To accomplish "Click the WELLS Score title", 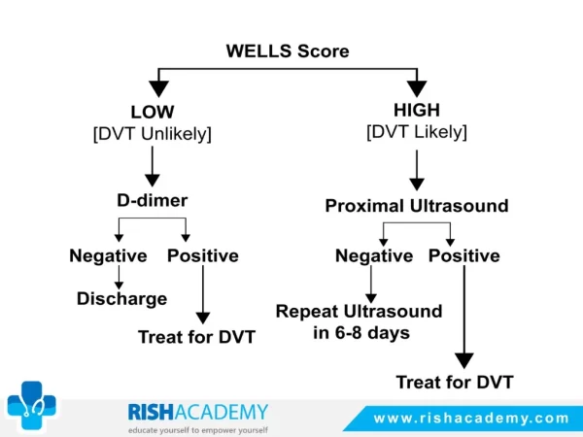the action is point(288,50).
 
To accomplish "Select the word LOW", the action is point(153,112).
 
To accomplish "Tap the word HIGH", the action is point(417,110).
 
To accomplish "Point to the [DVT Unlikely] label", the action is point(153,134).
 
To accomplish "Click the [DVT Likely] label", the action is point(417,132).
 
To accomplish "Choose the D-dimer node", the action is point(153,200).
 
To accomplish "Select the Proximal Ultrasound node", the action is point(417,206).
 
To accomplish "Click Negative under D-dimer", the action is point(108,256).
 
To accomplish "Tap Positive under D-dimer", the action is point(203,255).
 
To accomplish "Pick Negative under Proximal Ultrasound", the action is point(374,256).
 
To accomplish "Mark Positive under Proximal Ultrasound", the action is point(464,255).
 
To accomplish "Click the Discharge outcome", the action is point(122,299).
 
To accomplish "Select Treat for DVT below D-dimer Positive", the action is point(196,337).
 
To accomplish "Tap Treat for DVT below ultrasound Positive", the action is point(455,382).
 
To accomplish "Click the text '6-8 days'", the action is point(372,332).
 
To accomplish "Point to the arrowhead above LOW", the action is point(158,88).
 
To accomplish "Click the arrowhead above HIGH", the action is point(417,88).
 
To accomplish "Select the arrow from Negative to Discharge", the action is point(119,277).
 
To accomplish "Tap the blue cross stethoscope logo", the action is point(32,405).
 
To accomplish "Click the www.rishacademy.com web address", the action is point(471,419).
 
